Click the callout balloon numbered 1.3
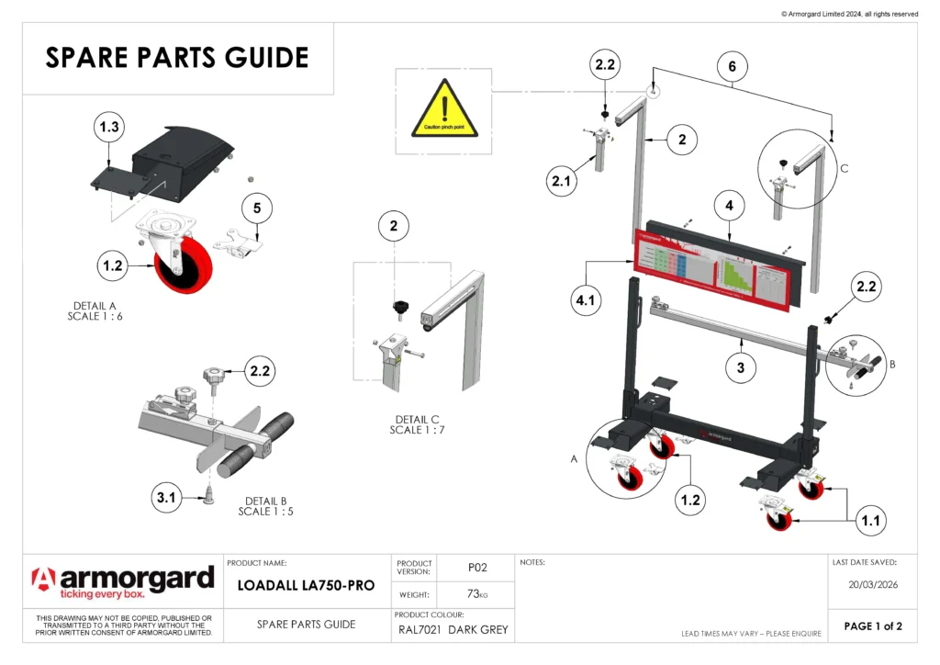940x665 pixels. tap(109, 128)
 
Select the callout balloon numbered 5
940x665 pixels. tap(257, 209)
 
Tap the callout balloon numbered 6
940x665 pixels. tap(732, 66)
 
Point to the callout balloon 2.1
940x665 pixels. tap(562, 182)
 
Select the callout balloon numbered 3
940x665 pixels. tap(740, 367)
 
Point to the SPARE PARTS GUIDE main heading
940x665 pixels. tap(177, 58)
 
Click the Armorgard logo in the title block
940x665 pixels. tap(123, 583)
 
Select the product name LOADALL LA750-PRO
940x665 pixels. tap(307, 585)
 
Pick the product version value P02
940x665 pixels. tap(476, 568)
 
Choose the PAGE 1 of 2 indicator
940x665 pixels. tap(873, 626)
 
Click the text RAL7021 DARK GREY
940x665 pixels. tap(453, 630)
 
